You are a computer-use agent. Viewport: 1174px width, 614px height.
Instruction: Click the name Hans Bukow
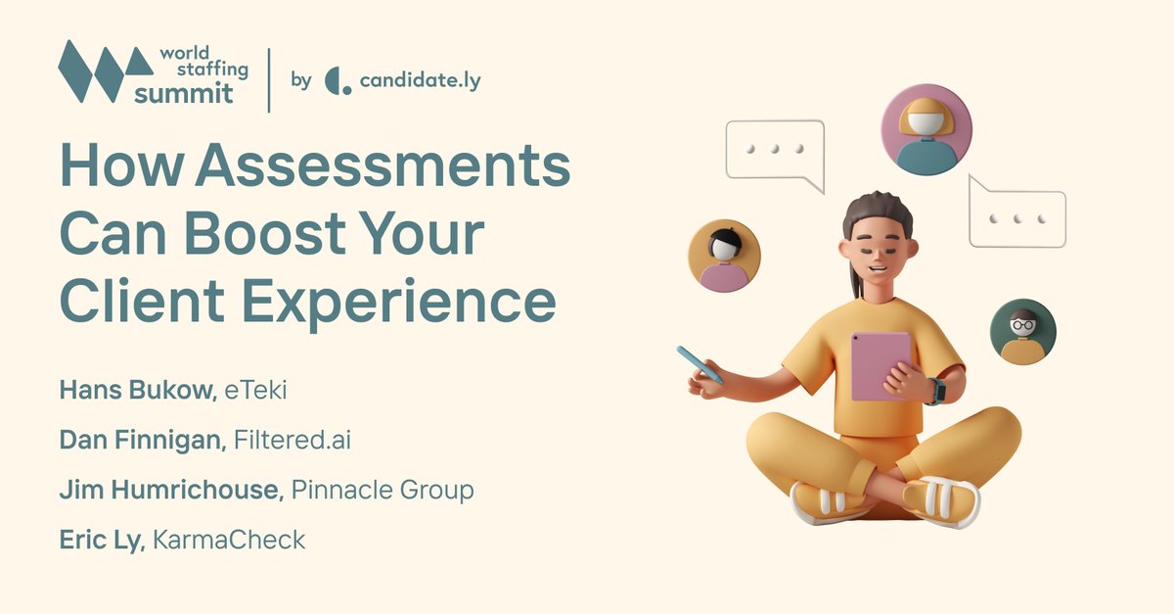point(134,390)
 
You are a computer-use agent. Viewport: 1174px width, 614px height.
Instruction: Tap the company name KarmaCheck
point(229,540)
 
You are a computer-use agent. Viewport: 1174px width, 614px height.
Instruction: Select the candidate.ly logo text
point(420,80)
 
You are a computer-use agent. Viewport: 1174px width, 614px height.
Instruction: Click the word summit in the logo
point(184,95)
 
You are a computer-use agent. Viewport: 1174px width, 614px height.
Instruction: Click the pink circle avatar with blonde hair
point(926,129)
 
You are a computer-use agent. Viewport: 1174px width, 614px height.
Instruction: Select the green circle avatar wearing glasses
point(1022,332)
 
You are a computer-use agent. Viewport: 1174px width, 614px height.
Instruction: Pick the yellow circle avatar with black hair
point(724,255)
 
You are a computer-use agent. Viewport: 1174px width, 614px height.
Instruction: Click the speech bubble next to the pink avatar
point(775,153)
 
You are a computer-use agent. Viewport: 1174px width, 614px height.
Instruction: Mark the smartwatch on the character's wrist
point(936,391)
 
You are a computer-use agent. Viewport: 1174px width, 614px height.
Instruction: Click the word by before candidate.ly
point(301,80)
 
